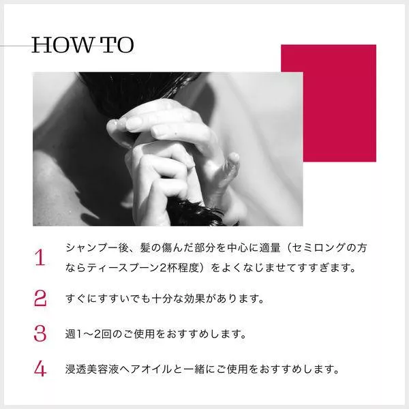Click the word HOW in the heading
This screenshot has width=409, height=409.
(x=62, y=45)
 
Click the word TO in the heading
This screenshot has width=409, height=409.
(x=118, y=45)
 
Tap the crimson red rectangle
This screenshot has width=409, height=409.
(x=339, y=103)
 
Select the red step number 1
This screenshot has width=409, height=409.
(x=40, y=258)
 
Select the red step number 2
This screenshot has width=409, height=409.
(x=40, y=298)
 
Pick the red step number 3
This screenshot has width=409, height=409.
(x=40, y=333)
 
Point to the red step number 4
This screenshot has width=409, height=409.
(x=40, y=369)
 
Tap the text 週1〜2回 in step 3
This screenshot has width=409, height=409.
(x=89, y=334)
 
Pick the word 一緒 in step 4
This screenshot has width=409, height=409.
(x=194, y=369)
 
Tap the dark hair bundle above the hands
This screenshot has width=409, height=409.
(x=136, y=91)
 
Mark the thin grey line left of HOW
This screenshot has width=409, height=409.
(x=16, y=46)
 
